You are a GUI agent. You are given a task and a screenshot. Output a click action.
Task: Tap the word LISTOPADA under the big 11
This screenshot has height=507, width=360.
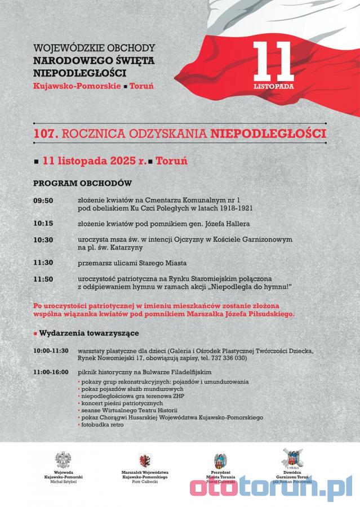point(274,87)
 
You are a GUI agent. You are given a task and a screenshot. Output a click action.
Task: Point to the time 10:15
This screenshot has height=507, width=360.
point(43,223)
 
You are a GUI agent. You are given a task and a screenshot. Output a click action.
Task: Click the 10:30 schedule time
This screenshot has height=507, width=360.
point(43,240)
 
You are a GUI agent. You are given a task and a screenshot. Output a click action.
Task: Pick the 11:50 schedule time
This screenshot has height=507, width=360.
point(43,279)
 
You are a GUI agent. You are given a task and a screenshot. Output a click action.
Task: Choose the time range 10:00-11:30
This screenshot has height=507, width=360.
point(51,350)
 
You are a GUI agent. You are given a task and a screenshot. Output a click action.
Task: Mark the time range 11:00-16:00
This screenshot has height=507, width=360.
point(51,372)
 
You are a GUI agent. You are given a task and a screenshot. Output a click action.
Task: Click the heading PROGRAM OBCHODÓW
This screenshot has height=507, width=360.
point(82,184)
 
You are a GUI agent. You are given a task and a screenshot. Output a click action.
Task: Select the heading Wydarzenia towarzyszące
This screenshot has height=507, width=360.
point(88,333)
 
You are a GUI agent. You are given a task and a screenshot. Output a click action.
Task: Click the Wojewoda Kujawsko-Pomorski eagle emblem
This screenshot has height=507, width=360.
point(63,459)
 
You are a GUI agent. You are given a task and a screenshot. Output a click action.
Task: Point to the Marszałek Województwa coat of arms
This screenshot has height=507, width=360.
point(144,460)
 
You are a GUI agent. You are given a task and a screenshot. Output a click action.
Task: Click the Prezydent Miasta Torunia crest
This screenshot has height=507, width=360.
point(220,460)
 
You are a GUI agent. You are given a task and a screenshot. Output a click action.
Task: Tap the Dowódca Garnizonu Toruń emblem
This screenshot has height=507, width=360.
point(292,459)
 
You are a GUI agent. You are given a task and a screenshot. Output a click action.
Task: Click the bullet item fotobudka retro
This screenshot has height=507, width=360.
point(103,425)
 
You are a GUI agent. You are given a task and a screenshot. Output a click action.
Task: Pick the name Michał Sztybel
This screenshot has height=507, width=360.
point(63,482)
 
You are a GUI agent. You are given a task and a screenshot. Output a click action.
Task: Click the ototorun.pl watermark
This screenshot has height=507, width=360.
point(270,488)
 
